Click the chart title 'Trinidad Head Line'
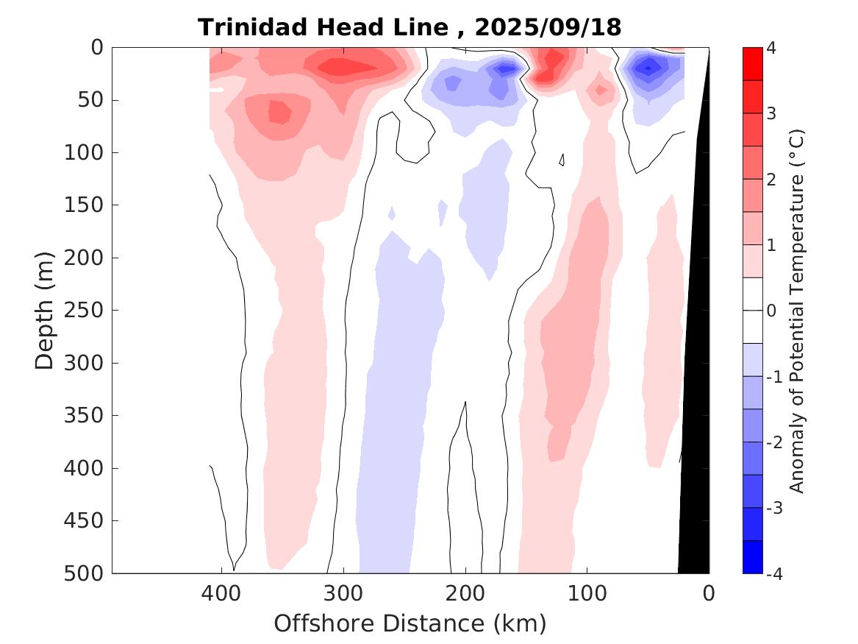click(323, 28)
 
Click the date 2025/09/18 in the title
click(548, 28)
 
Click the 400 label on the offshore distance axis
click(220, 592)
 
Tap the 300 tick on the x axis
click(342, 592)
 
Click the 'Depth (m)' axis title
click(45, 310)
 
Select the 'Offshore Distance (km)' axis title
click(410, 623)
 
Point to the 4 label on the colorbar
click(771, 49)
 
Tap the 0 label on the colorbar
click(771, 311)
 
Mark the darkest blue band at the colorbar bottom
click(752, 556)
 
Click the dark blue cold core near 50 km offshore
click(648, 68)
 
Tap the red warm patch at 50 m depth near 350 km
click(278, 112)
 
